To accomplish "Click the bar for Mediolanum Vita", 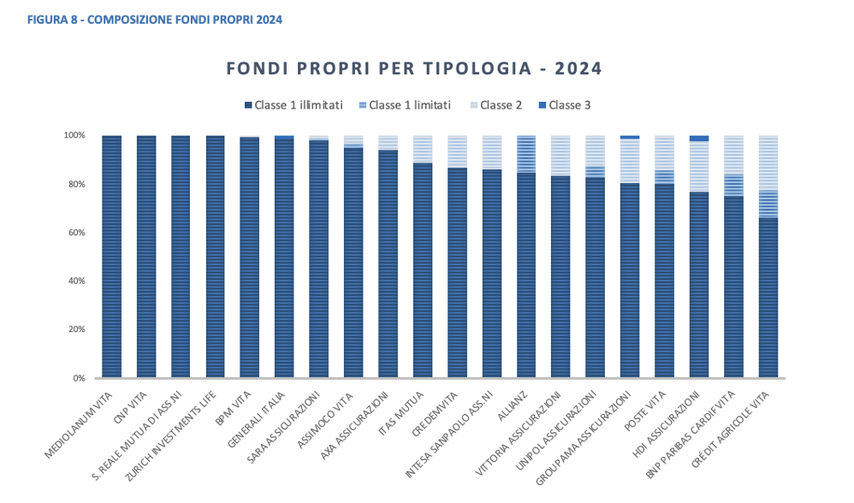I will [111, 257].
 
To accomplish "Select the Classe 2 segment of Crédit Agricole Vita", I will [768, 163].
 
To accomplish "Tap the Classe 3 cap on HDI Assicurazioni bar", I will [699, 138].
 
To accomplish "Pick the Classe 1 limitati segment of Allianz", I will [526, 154].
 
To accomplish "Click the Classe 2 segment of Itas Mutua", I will [423, 149].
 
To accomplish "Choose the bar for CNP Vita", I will [146, 257].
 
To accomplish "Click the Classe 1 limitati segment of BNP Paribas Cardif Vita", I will [733, 185].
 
